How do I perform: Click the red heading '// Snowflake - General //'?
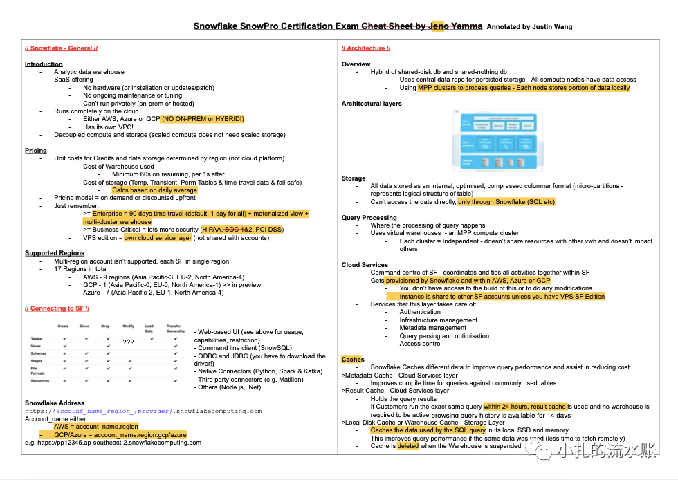[61, 48]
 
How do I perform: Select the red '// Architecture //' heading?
[366, 48]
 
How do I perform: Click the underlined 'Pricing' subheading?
[36, 150]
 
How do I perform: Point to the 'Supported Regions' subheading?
[54, 253]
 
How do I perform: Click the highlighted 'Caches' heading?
[353, 360]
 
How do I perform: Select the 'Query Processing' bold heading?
[369, 218]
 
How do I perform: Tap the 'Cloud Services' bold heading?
[365, 265]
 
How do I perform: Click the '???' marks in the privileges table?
[128, 342]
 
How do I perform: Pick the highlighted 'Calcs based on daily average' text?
[154, 190]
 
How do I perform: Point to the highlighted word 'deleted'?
[408, 446]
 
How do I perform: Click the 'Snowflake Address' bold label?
[55, 403]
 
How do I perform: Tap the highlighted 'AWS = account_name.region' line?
[96, 427]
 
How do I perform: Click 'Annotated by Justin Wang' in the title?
[529, 27]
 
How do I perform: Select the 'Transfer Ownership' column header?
[176, 328]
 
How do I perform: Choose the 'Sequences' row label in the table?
[40, 380]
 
